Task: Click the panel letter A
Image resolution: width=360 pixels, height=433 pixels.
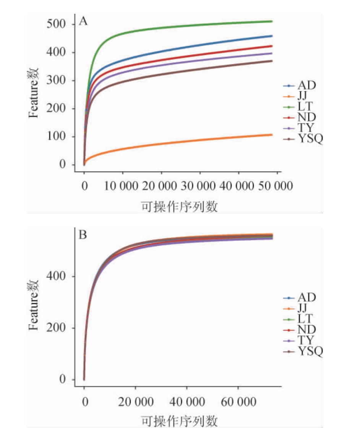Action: pos(83,21)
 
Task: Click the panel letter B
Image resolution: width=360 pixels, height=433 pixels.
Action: pos(83,235)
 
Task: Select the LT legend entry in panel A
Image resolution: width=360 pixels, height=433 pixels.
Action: pos(305,107)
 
